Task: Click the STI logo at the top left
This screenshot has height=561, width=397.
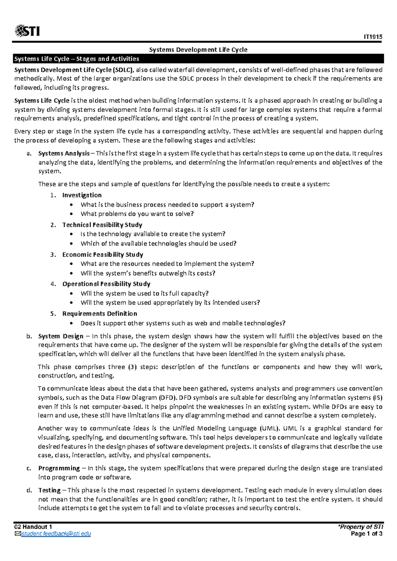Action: pos(27,31)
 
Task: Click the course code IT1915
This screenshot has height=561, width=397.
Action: pos(373,37)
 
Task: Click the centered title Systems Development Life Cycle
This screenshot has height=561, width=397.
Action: pos(198,50)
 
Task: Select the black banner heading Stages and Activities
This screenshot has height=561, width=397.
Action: pos(76,59)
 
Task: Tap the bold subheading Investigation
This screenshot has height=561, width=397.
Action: pos(82,195)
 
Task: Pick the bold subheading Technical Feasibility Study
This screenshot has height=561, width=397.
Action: pos(102,225)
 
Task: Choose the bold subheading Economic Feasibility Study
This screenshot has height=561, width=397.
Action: pos(103,255)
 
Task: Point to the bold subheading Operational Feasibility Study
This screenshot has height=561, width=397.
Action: pos(106,284)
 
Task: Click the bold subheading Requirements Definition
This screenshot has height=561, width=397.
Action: pos(100,314)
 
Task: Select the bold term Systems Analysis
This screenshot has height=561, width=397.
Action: pos(64,153)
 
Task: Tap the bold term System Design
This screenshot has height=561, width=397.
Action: pos(61,336)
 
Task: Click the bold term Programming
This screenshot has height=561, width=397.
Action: pos(59,468)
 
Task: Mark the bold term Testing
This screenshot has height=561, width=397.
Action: pos(49,491)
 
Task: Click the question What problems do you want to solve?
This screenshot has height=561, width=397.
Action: pos(137,214)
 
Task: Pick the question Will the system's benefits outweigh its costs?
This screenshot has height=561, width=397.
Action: pos(148,274)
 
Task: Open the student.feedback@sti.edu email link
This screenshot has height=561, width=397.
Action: pos(56,534)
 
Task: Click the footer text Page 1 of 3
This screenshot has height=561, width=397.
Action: pos(367,534)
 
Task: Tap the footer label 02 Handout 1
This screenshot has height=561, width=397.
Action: pos(33,527)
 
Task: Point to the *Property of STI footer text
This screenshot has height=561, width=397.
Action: pos(360,527)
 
